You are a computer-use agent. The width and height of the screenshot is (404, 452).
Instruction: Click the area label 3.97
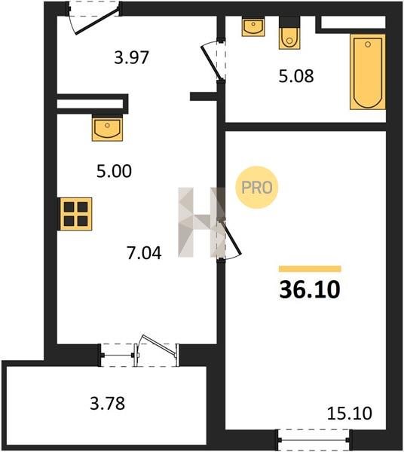(131, 57)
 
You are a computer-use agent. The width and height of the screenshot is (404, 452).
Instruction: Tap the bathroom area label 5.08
(296, 76)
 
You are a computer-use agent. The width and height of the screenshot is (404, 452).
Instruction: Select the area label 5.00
(115, 171)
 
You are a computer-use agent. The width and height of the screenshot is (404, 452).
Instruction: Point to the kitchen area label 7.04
(144, 253)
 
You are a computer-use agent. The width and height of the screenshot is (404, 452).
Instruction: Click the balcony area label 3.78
(108, 403)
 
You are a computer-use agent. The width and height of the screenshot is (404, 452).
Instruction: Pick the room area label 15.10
(350, 413)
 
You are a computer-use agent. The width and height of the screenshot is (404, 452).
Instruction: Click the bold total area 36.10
(310, 290)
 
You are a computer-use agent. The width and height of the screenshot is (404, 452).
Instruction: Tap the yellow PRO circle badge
(256, 188)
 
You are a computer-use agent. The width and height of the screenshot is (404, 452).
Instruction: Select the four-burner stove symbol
(76, 214)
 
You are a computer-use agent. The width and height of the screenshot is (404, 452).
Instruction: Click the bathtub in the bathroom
(368, 72)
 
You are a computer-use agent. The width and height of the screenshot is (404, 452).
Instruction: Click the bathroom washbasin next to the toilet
(253, 27)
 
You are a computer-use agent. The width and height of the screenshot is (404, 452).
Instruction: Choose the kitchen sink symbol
(107, 128)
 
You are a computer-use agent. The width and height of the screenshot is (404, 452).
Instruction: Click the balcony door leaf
(158, 345)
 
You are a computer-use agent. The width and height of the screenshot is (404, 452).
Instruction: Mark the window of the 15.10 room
(314, 440)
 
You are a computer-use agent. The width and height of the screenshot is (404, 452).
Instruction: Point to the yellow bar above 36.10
(310, 269)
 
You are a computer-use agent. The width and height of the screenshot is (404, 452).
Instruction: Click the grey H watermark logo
(201, 222)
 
